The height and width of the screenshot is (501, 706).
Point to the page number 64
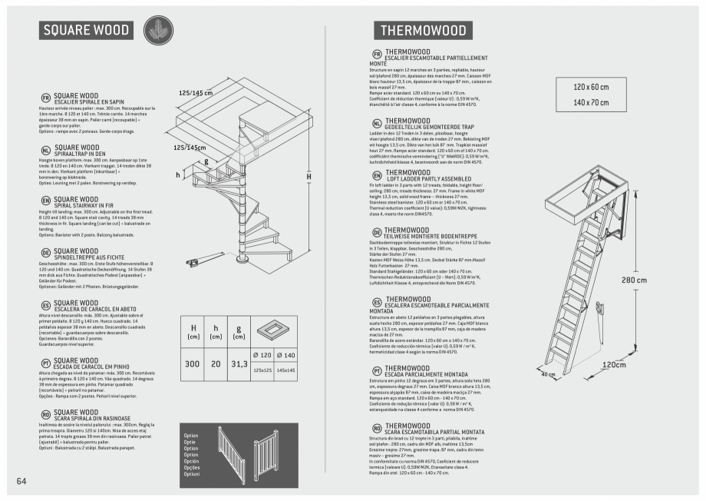(21, 481)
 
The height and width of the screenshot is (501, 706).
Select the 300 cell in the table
(192, 363)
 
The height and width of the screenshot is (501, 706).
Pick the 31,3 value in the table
(239, 363)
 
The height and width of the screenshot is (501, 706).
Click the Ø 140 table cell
(285, 356)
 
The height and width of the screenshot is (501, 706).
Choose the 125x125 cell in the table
(263, 370)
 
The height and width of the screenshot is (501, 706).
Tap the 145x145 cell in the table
(285, 370)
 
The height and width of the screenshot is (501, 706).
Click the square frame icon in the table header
(274, 330)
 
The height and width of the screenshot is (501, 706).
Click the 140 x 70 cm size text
(590, 102)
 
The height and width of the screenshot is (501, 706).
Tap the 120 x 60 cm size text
(590, 87)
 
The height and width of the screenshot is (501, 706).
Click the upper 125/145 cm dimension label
(195, 93)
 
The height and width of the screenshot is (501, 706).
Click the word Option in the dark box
(191, 436)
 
